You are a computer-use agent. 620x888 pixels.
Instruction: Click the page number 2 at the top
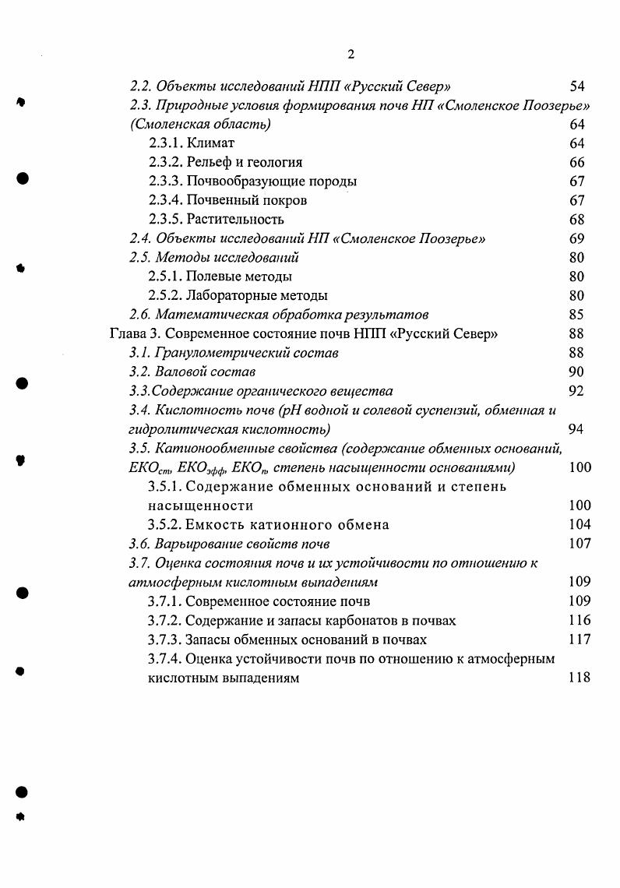pos(351,54)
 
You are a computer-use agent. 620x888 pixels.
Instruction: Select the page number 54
pos(576,86)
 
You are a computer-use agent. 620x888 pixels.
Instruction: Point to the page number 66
pos(576,163)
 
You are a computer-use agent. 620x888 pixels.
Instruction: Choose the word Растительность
pos(235,220)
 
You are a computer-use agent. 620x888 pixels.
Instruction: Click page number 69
pos(576,238)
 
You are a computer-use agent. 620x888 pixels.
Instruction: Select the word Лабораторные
pos(226,296)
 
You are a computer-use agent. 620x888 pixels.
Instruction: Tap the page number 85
pos(576,315)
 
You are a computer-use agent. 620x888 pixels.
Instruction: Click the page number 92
pos(576,391)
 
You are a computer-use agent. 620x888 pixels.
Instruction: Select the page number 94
pos(576,429)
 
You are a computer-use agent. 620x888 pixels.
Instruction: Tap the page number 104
pos(579,524)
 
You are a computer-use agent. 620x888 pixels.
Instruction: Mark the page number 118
pos(579,678)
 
